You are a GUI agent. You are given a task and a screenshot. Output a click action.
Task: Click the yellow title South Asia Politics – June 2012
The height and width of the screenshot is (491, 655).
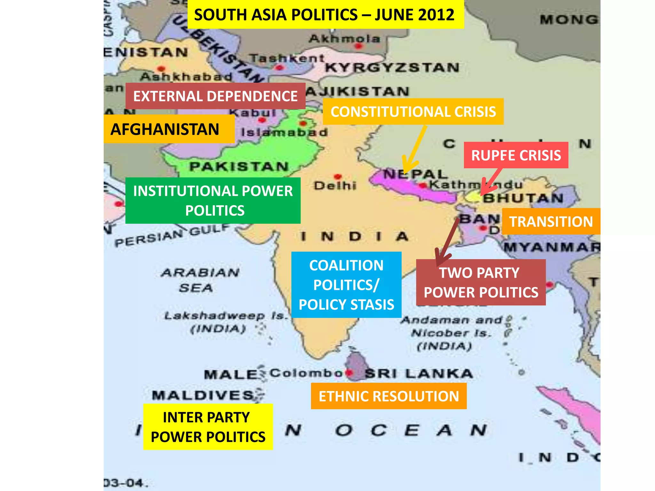[x=325, y=15]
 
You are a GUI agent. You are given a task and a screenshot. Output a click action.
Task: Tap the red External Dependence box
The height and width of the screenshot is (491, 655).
[x=215, y=96]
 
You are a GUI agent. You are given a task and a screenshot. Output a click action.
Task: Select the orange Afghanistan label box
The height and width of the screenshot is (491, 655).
[x=169, y=129]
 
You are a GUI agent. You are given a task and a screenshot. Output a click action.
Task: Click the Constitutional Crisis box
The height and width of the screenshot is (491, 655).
[x=413, y=112]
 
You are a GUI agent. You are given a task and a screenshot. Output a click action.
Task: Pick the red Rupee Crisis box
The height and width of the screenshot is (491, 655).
[x=516, y=155]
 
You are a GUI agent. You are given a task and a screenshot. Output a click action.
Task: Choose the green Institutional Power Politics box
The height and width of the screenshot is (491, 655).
[x=213, y=200]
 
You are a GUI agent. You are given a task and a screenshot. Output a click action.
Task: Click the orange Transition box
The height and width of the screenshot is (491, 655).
[x=551, y=222]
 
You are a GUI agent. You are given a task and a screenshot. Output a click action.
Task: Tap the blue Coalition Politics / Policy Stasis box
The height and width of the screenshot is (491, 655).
[x=346, y=284]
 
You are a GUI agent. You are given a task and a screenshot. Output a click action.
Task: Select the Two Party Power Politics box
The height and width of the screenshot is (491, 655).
[x=481, y=282]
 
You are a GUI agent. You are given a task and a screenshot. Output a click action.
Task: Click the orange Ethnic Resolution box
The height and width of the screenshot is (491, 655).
[x=389, y=396]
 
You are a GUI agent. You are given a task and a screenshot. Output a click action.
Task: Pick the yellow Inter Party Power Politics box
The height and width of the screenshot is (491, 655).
[x=208, y=427]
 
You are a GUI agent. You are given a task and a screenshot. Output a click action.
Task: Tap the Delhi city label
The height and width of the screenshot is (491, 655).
[x=335, y=185]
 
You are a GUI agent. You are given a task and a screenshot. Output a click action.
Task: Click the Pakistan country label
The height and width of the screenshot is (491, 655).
[x=239, y=167]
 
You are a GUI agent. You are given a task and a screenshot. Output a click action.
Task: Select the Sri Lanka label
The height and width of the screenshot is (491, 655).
[x=419, y=373]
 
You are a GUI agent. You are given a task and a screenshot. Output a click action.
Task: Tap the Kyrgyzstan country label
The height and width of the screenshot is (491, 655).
[x=392, y=68]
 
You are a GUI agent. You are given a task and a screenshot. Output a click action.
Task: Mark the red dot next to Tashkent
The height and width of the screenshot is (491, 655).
[x=280, y=67]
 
